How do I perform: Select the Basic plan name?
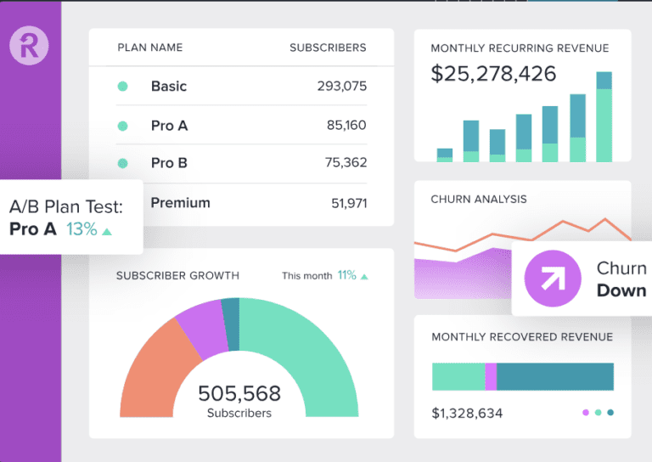click(168, 86)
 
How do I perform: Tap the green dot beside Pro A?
click(122, 126)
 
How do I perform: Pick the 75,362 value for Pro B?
click(346, 163)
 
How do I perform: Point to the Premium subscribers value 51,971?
click(348, 203)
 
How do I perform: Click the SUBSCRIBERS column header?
click(328, 48)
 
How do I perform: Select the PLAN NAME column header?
click(149, 48)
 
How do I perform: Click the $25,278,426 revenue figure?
click(493, 74)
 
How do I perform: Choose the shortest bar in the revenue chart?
click(445, 155)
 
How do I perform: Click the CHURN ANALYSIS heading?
click(479, 200)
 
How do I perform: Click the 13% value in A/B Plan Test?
click(82, 229)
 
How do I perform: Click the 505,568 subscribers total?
click(239, 394)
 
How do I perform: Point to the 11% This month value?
click(346, 275)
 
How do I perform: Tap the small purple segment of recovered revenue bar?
click(491, 376)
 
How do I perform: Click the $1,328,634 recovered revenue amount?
click(467, 414)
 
